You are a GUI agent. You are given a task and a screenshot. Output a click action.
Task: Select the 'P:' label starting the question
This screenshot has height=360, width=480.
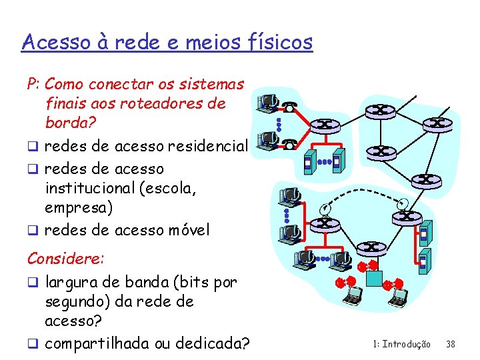pos(33,85)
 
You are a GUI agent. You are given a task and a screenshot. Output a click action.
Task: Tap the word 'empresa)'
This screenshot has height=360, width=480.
pos(79,208)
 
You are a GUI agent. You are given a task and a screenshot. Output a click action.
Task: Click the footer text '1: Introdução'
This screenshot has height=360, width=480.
pos(401,344)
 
